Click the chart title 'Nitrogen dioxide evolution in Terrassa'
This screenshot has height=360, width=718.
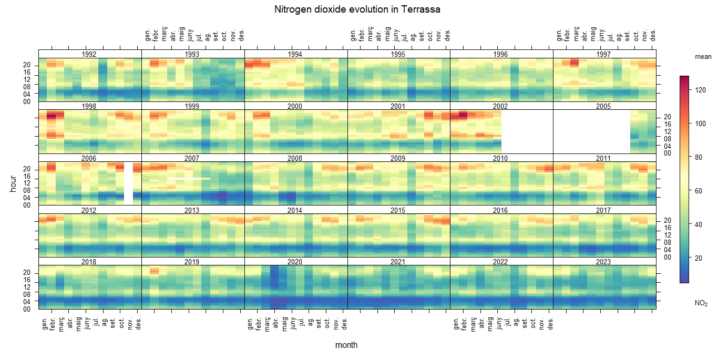click(x=357, y=9)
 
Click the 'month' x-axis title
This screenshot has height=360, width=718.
click(x=346, y=345)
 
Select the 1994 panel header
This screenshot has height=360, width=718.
click(x=295, y=54)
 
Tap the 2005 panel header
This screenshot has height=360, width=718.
click(x=604, y=106)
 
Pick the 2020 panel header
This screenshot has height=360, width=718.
click(x=295, y=262)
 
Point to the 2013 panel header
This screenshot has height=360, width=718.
click(x=192, y=210)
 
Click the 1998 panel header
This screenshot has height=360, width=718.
click(x=90, y=106)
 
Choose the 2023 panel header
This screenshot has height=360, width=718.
click(x=604, y=262)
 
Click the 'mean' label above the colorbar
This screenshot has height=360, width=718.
click(x=703, y=56)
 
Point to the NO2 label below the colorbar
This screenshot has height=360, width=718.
click(x=701, y=303)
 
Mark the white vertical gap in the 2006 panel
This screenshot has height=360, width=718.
click(x=128, y=183)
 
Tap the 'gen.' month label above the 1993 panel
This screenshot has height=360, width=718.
click(x=148, y=35)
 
